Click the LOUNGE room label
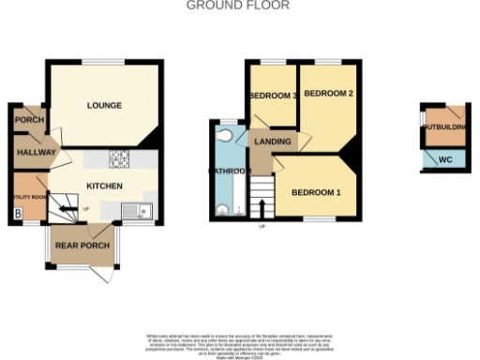[104, 105]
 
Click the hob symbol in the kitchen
[119, 158]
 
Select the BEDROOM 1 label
[316, 192]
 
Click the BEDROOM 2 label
[328, 94]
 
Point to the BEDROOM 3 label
[273, 97]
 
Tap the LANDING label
[272, 141]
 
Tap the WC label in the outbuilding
[444, 160]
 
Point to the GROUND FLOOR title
[238, 6]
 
